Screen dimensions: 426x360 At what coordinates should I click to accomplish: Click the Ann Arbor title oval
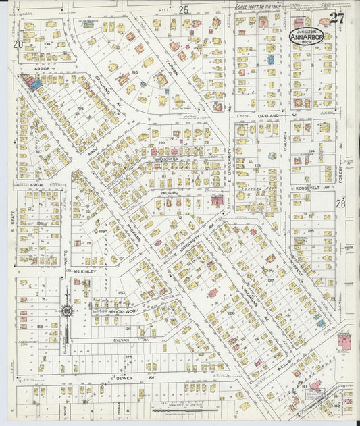(x=307, y=36)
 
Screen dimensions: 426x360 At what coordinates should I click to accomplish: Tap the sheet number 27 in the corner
(x=336, y=18)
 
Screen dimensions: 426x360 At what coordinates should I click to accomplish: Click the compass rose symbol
(x=66, y=311)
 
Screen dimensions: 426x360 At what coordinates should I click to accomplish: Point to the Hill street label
(x=162, y=10)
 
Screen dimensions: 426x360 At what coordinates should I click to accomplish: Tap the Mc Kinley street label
(x=77, y=273)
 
